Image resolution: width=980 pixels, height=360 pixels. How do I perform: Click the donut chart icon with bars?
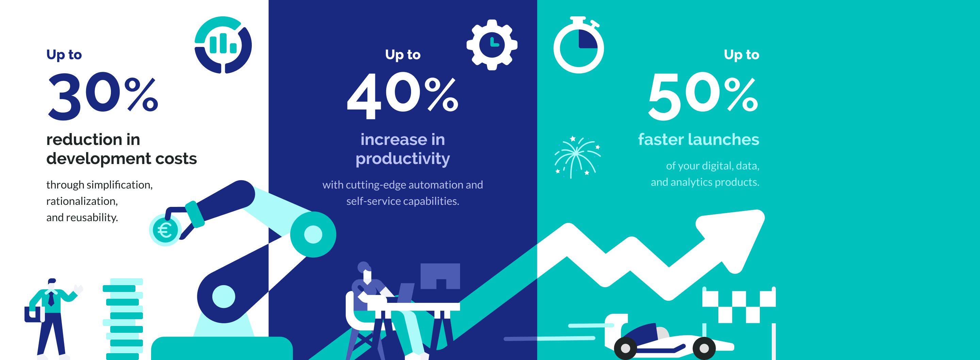[223, 45]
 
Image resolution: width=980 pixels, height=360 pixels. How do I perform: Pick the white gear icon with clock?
[492, 45]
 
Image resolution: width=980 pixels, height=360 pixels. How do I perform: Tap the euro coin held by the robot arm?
[165, 230]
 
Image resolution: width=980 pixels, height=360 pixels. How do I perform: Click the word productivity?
[403, 159]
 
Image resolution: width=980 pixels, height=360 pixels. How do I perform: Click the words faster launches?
[699, 140]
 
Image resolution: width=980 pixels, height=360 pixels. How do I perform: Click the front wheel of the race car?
[704, 348]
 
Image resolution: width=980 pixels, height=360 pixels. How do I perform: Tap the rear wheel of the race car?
[625, 348]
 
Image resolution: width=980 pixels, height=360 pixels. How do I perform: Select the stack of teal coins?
[124, 320]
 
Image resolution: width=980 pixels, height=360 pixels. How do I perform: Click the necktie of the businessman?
[51, 299]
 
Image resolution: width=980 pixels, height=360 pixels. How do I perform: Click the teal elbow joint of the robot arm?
[313, 234]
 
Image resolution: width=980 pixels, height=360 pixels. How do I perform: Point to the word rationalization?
[82, 201]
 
